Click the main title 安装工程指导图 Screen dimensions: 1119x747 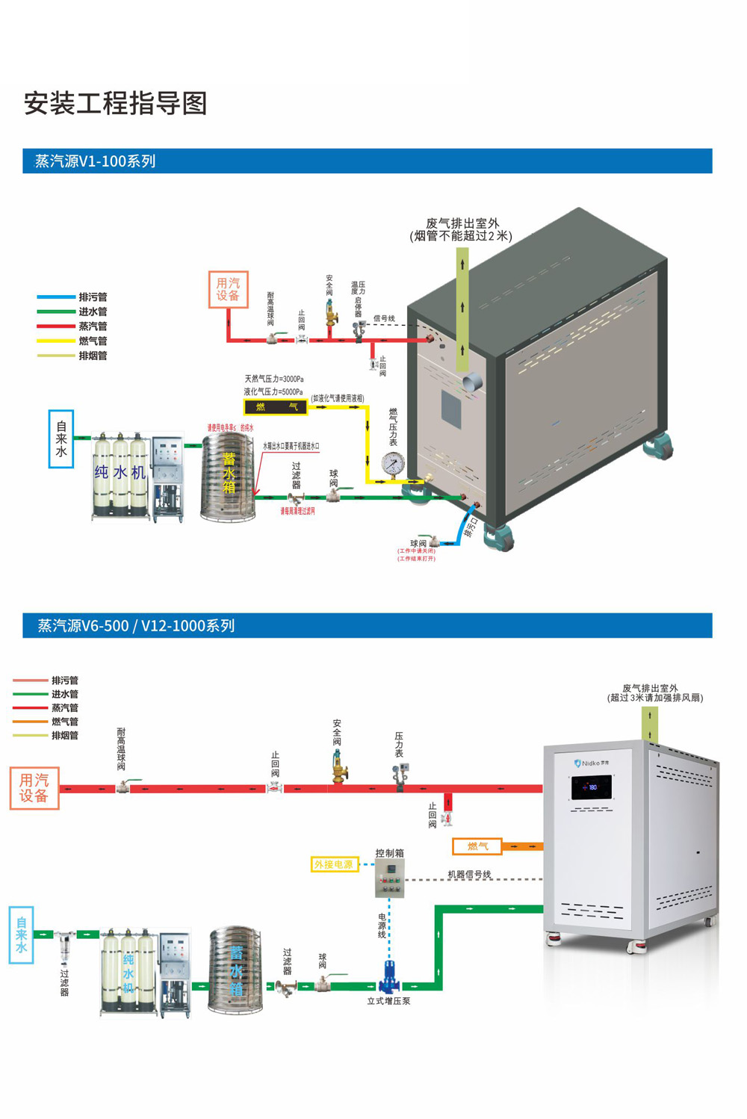[115, 103]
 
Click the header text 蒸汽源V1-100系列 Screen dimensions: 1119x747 [96, 161]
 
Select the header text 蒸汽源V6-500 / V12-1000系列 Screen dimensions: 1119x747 [136, 626]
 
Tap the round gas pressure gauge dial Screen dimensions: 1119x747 [392, 464]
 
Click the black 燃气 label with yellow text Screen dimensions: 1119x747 [276, 407]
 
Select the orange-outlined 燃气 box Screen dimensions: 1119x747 [477, 846]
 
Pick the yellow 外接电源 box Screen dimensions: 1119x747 [333, 864]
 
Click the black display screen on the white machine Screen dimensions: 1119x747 [592, 787]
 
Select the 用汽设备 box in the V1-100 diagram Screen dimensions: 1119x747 [228, 289]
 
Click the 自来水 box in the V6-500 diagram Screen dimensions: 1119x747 [22, 935]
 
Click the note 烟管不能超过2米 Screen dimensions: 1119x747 [462, 236]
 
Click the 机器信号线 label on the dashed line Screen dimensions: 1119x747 [469, 874]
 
